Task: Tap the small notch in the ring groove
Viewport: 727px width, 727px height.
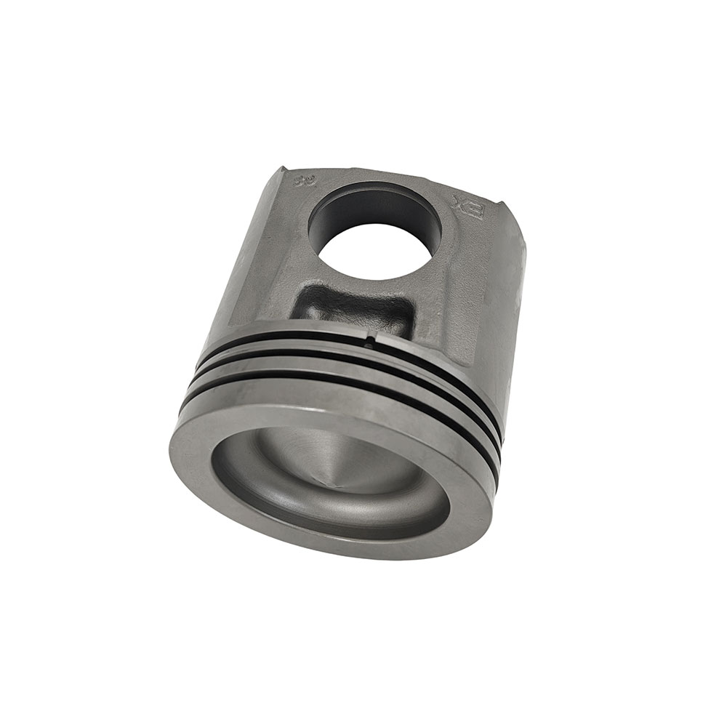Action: point(371,338)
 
